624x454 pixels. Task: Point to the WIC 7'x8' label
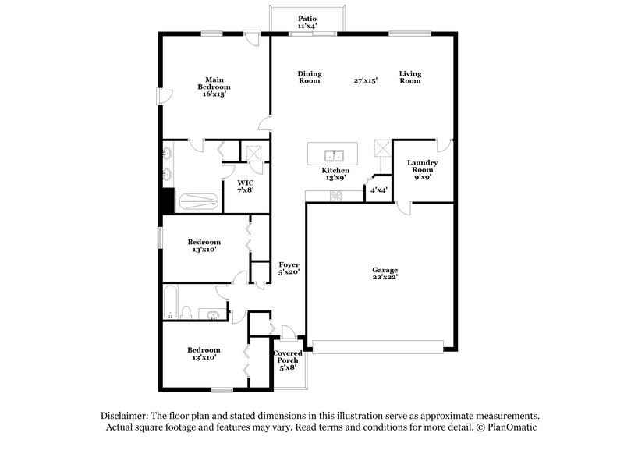tap(245, 186)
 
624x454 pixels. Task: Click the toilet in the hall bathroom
tap(186, 313)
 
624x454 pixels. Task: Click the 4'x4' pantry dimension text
tap(379, 190)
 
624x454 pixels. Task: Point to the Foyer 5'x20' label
tap(289, 268)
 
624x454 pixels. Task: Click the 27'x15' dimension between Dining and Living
tap(365, 80)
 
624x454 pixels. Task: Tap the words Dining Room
tap(310, 77)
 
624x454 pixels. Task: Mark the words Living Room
tap(410, 77)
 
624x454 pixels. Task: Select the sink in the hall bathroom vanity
tap(212, 314)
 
